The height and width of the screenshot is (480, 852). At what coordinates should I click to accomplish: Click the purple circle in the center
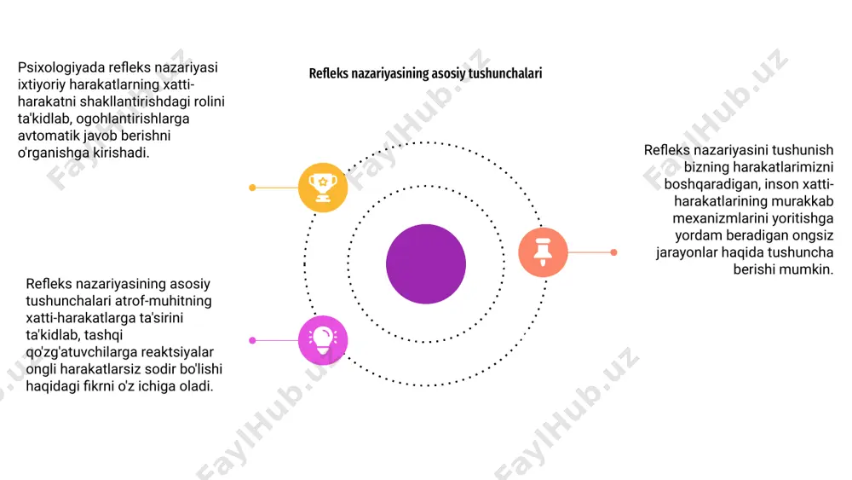click(x=426, y=263)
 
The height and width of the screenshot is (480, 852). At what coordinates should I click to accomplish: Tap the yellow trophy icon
click(x=323, y=188)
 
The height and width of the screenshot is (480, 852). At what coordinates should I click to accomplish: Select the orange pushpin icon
click(x=543, y=252)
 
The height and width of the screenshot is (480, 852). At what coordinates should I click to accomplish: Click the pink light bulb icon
click(x=323, y=340)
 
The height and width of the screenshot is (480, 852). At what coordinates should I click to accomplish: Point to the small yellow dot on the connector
click(x=252, y=188)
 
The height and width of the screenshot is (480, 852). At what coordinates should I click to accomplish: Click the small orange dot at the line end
click(x=613, y=252)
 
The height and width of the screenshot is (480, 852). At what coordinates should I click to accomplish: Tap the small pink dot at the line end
click(x=252, y=340)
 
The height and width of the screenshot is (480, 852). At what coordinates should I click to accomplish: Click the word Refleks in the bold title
click(x=328, y=73)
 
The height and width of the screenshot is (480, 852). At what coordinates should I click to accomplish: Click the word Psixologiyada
click(x=60, y=68)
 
